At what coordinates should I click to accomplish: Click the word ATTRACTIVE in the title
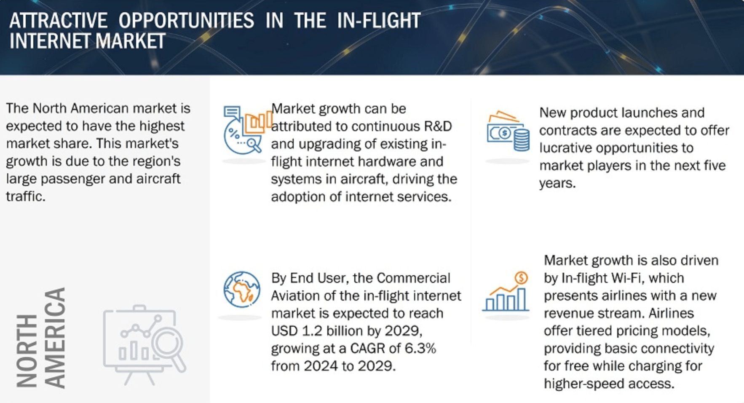58,20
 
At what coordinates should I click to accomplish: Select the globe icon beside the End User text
242,289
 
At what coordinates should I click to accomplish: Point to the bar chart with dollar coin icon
506,292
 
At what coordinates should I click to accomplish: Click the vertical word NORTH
27,350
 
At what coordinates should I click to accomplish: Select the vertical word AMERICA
55,338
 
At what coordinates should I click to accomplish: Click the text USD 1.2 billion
318,331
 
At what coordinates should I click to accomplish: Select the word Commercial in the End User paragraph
413,278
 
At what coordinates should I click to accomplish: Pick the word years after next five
557,183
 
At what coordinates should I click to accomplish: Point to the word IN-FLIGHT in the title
379,20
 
